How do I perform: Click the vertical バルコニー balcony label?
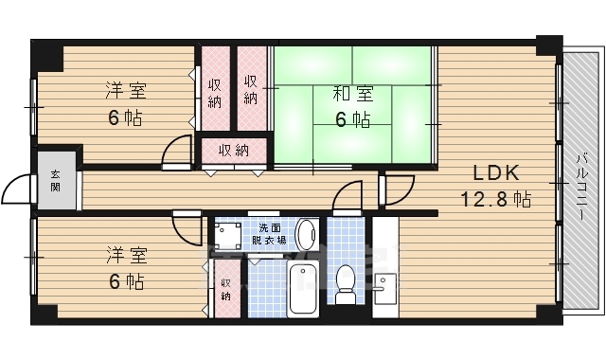tap(579, 184)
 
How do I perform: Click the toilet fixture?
tap(346, 282)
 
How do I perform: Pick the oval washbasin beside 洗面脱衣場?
tap(307, 233)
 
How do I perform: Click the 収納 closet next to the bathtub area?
tap(225, 290)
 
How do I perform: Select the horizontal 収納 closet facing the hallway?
tap(234, 150)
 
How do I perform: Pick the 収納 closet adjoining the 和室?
tap(251, 89)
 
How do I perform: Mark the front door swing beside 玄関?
tap(19, 191)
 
